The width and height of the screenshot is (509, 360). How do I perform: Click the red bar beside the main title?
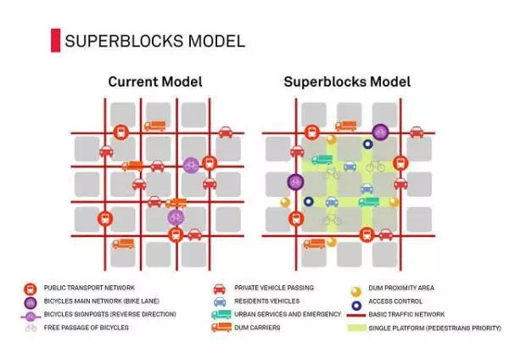[55, 40]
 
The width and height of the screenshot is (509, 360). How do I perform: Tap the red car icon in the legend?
[219, 289]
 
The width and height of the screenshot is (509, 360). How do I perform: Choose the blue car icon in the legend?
[219, 301]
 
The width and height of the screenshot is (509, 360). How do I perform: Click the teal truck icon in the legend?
[220, 314]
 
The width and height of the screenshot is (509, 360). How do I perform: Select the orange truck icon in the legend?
[220, 327]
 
